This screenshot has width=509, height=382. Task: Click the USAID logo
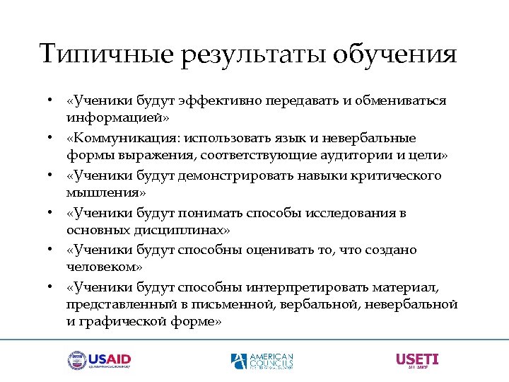[99, 361]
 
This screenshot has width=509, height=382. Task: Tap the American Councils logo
[262, 361]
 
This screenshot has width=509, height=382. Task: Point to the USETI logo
[417, 361]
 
